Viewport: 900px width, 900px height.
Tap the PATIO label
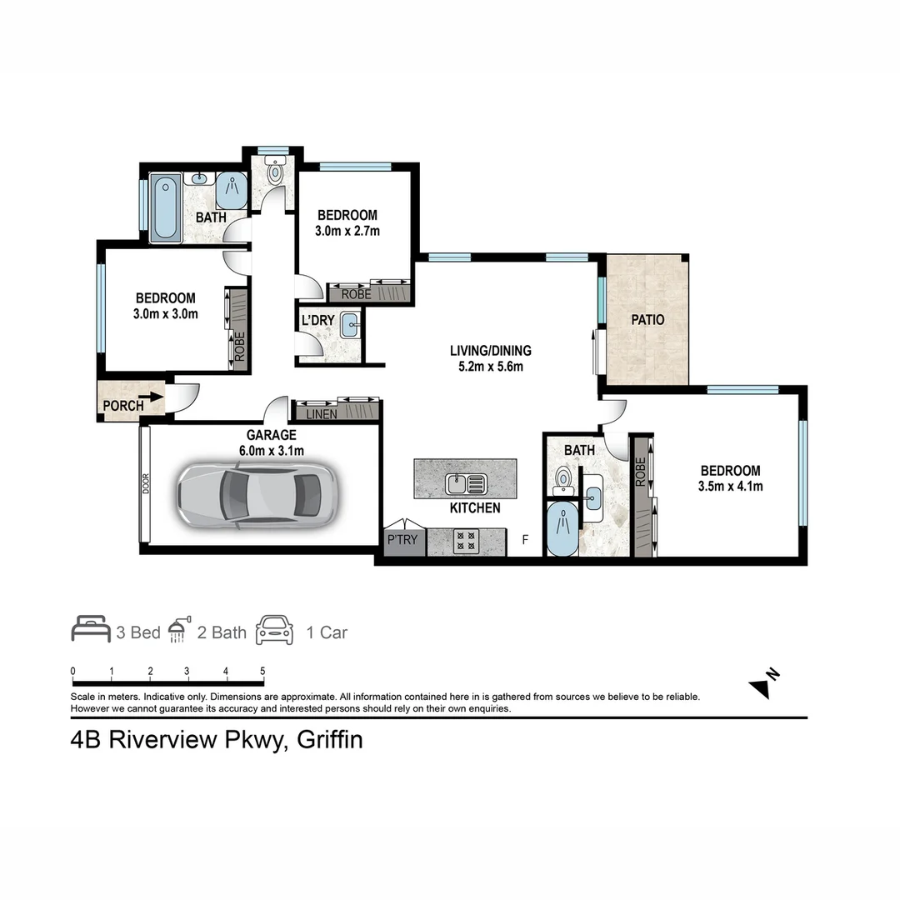[647, 319]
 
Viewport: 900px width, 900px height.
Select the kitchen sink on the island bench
[466, 482]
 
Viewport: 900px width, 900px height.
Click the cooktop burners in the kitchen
[463, 540]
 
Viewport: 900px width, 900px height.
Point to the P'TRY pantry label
[403, 541]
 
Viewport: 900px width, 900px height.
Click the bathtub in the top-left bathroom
[166, 208]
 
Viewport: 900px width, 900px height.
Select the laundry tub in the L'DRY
[349, 326]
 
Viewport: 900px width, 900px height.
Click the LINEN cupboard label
[322, 414]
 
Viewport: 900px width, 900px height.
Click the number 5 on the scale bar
[262, 672]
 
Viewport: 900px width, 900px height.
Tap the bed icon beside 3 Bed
[90, 631]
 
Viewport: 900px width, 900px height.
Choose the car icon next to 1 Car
[275, 631]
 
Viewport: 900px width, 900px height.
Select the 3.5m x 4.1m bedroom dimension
[731, 486]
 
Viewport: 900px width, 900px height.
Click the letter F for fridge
[524, 540]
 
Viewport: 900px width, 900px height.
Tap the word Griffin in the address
[327, 739]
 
